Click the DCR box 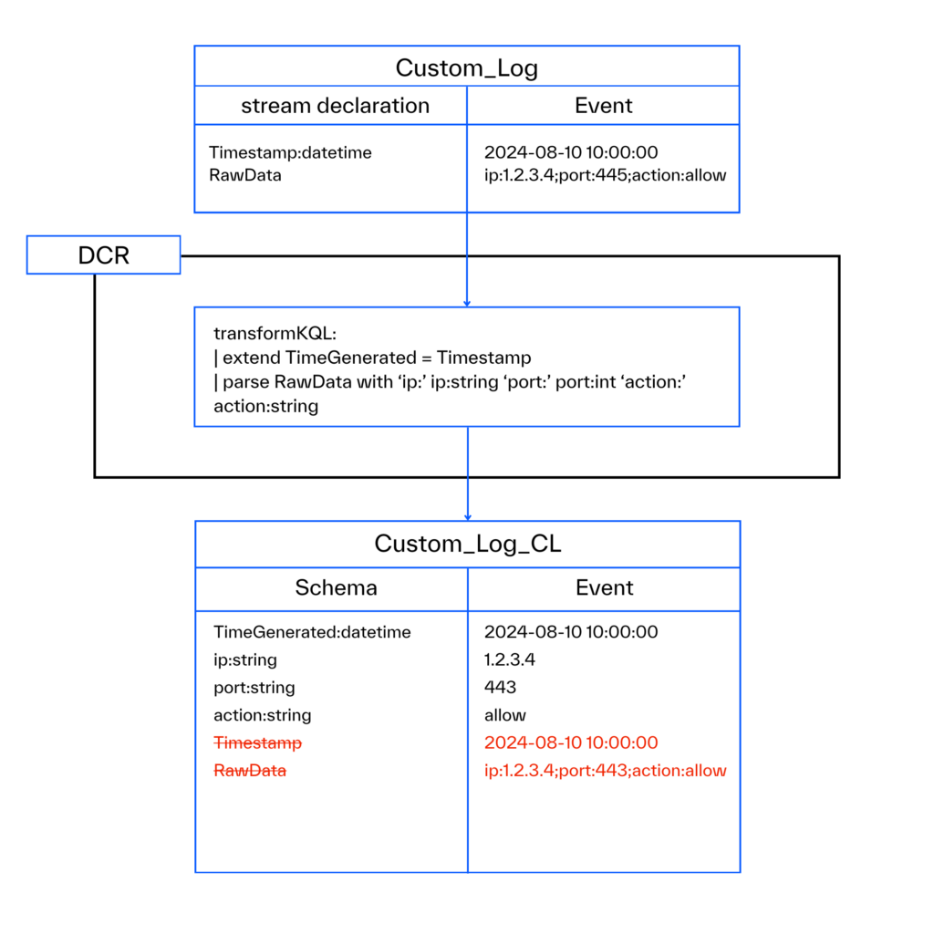[x=103, y=255]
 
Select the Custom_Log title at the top [x=466, y=67]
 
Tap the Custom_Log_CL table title [x=467, y=545]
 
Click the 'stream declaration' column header [x=335, y=106]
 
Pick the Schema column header [x=336, y=588]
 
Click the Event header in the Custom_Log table [x=603, y=106]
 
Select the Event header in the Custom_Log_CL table [x=604, y=588]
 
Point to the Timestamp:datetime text [x=290, y=153]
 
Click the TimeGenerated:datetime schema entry [x=312, y=632]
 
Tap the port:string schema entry [x=254, y=688]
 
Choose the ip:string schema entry [x=244, y=659]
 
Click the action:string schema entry [x=262, y=716]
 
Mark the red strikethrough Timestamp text [x=257, y=743]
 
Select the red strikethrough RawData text [x=250, y=771]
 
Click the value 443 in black [x=500, y=688]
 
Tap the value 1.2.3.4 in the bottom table [x=509, y=659]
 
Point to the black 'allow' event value [x=505, y=716]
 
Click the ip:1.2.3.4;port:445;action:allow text [x=605, y=175]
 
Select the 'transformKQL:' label [x=275, y=334]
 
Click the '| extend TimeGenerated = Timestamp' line [x=372, y=358]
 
